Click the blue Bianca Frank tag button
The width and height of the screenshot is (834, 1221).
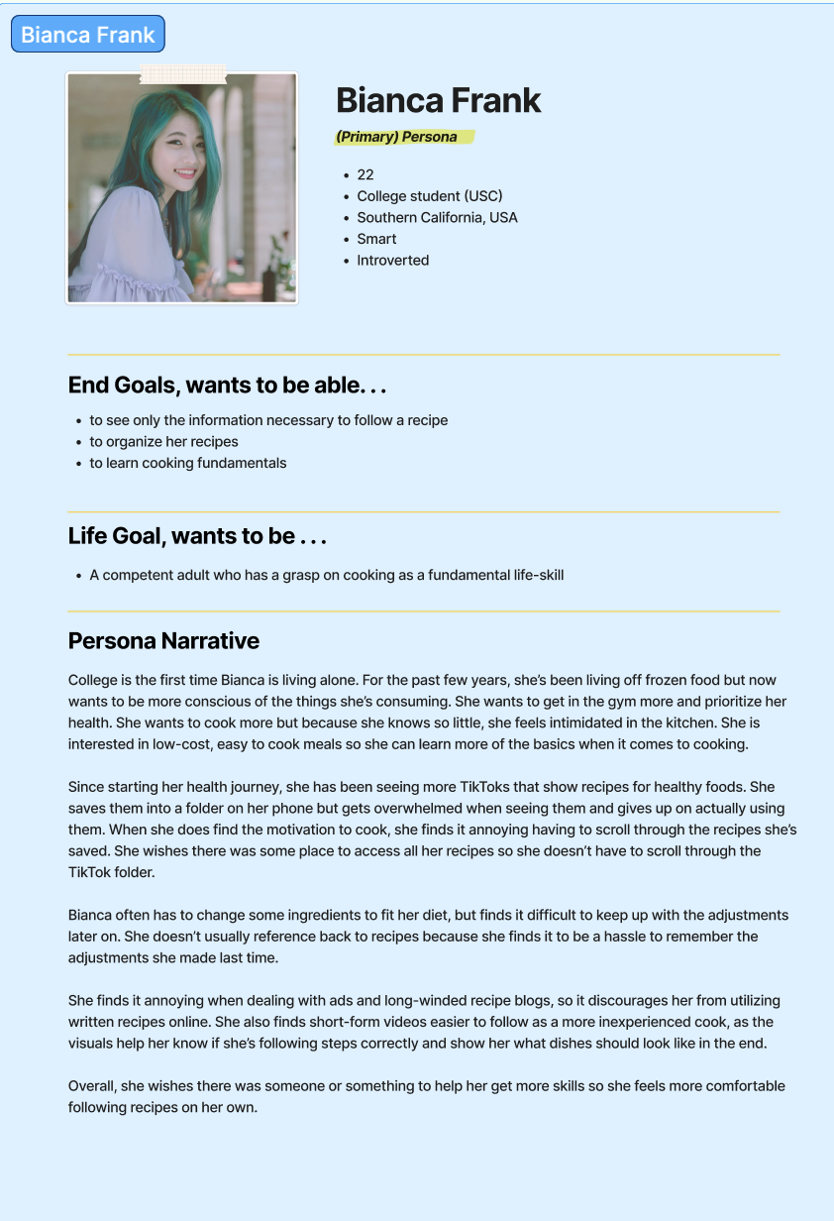[87, 35]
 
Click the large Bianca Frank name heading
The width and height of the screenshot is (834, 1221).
[438, 100]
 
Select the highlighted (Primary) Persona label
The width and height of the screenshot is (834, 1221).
[397, 137]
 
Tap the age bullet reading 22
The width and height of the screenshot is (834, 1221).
[365, 174]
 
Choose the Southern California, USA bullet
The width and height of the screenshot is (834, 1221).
[437, 217]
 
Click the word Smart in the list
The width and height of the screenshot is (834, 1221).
[376, 239]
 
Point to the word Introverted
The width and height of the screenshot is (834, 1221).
[392, 261]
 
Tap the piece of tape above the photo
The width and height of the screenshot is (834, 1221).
[182, 73]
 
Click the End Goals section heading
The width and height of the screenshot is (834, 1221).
[227, 385]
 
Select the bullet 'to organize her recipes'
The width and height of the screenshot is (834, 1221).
[163, 442]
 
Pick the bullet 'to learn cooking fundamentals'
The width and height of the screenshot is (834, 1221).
[187, 463]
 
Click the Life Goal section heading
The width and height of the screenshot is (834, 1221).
[197, 536]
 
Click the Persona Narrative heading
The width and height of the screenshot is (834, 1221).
[163, 641]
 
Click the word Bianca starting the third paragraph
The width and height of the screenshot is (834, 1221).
[92, 916]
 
